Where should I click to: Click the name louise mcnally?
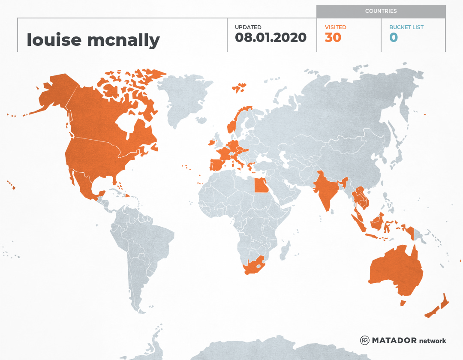coord(93,40)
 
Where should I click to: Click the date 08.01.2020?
coord(271,38)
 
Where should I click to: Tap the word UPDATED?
coord(248,27)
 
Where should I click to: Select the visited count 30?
coord(333,38)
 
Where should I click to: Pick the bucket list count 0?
coord(394,38)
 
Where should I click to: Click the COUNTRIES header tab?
coord(381,11)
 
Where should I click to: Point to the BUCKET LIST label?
coord(406,27)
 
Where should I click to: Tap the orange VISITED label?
coord(335,27)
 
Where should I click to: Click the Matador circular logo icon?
coord(364,340)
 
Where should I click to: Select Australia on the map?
coord(394,270)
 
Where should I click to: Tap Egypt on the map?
coord(261,186)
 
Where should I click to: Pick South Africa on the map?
coord(253,267)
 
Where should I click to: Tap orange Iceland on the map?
coord(239,88)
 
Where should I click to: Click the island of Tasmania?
coord(403,303)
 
